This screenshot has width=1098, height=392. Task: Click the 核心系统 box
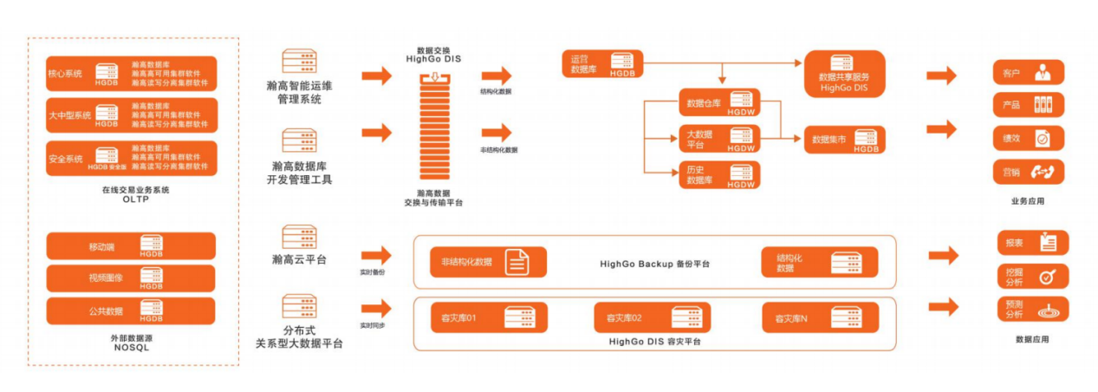click(131, 74)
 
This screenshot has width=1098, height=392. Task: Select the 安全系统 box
click(131, 159)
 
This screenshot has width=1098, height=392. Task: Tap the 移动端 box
click(131, 246)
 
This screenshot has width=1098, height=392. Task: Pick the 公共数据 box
click(131, 310)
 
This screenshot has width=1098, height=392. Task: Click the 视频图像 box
click(131, 278)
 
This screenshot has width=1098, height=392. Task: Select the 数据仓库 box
click(719, 103)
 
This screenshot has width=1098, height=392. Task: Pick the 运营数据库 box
click(601, 64)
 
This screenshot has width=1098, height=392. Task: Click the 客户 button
click(1028, 73)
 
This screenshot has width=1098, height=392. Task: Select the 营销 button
click(1028, 172)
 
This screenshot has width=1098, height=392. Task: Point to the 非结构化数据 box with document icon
click(488, 262)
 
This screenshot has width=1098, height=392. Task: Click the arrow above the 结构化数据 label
click(497, 75)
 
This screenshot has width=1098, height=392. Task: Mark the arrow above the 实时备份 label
click(376, 255)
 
